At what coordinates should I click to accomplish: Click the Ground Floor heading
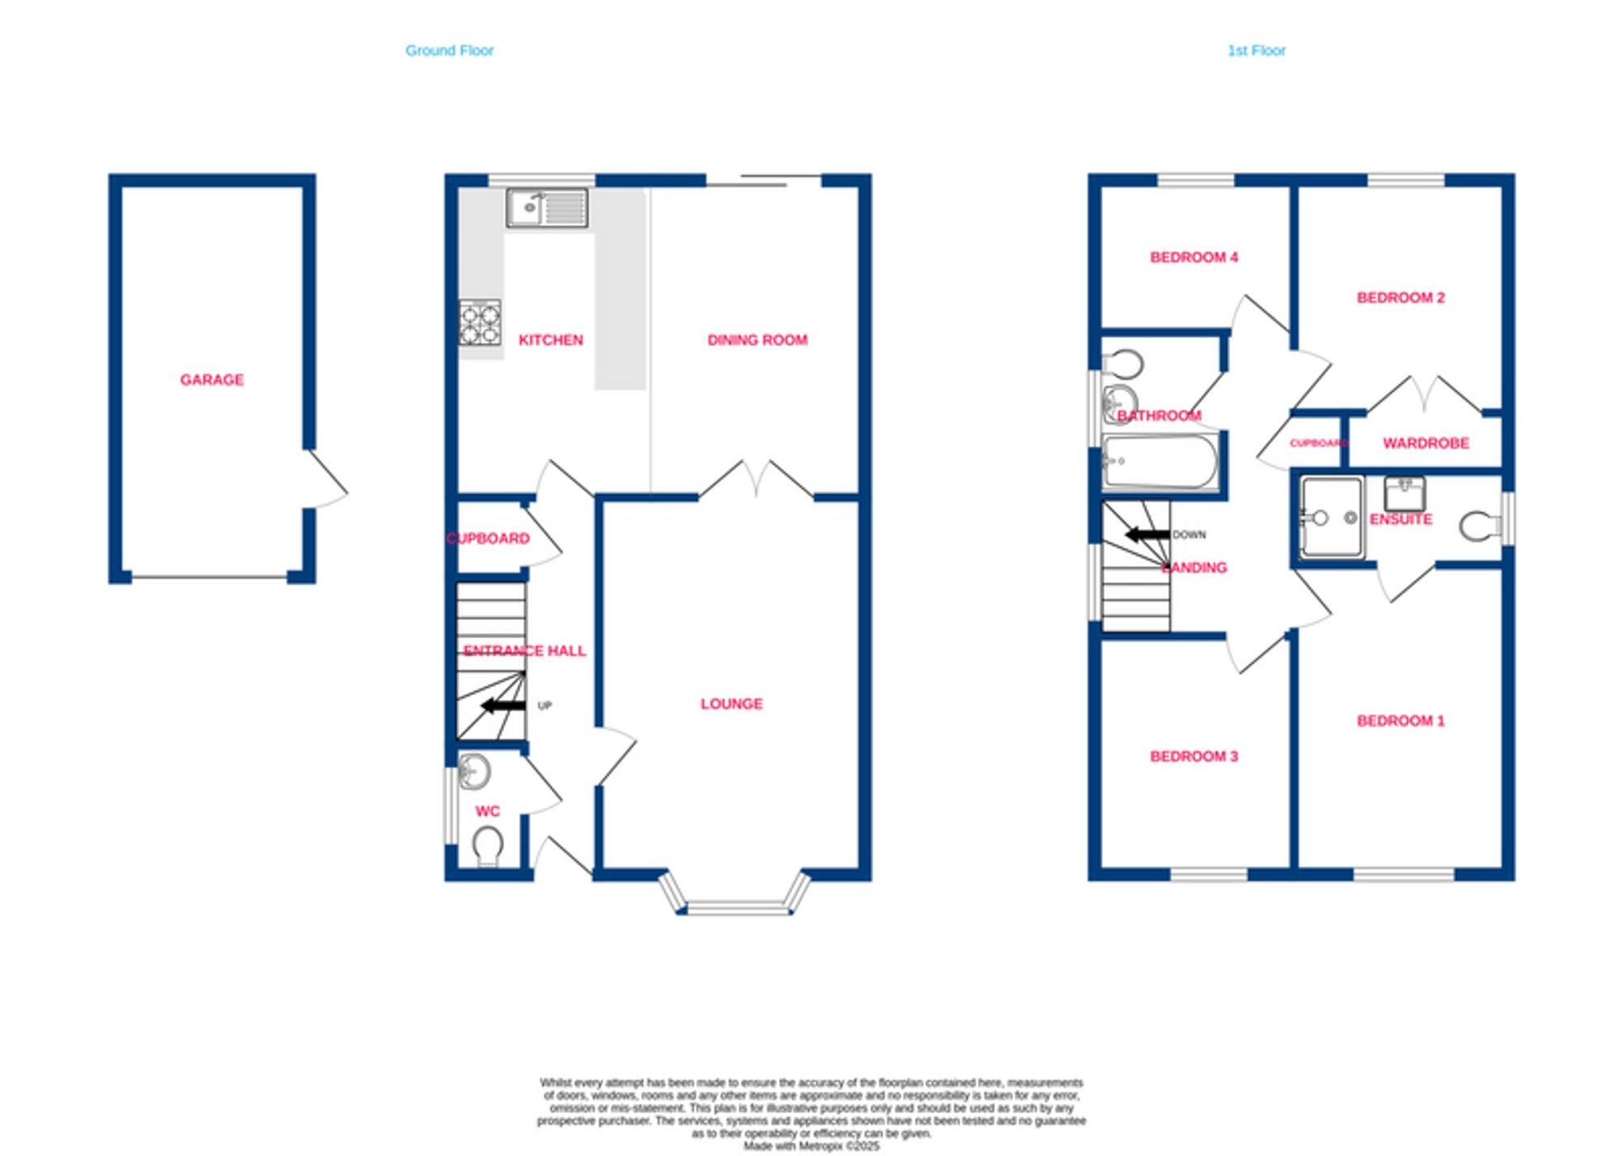point(449,50)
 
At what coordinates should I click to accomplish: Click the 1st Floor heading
point(1255,50)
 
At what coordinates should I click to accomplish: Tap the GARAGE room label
point(212,379)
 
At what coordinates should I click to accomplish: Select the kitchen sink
point(547,208)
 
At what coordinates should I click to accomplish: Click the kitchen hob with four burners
point(480,322)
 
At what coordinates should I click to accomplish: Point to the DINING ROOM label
point(756,339)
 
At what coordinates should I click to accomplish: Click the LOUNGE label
point(731,703)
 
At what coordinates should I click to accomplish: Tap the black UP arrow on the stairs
point(503,705)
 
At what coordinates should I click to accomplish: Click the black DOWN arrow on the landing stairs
point(1147,534)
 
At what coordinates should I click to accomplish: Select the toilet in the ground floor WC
point(487,845)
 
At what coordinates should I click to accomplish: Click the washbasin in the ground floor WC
point(473,770)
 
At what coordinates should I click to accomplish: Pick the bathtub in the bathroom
point(1160,461)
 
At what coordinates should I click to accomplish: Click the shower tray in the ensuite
point(1332,518)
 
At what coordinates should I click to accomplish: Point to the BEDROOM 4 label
point(1193,257)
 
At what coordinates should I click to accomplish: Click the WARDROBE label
point(1425,442)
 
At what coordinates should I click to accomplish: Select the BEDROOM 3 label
point(1193,756)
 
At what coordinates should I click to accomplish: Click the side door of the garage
point(327,479)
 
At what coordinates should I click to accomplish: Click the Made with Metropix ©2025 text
point(811,1146)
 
